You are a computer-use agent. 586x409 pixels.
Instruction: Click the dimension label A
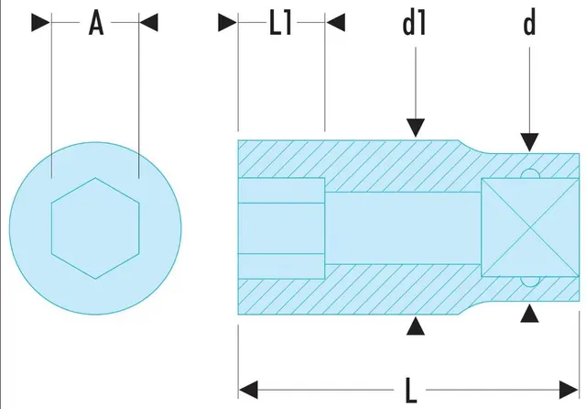pos(96,23)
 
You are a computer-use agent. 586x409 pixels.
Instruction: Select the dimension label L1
pos(280,23)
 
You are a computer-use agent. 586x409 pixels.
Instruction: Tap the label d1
pos(414,23)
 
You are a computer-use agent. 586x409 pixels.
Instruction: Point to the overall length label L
pos(411,391)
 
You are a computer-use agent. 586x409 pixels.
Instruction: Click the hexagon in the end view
pos(95,228)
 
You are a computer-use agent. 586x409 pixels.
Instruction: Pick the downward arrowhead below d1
pos(416,128)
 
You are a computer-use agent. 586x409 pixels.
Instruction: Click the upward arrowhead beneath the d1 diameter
pos(416,326)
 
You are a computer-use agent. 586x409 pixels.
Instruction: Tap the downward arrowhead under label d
pos(529,142)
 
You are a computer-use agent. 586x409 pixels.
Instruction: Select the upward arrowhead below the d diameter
pos(529,314)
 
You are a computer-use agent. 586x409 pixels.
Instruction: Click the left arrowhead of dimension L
pos(248,390)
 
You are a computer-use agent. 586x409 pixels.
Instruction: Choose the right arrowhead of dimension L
pos(569,390)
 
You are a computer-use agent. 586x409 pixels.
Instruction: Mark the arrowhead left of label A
pos(41,22)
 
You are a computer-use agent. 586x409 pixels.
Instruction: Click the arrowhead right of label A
pos(148,22)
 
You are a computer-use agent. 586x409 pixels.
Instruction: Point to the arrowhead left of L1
pos(228,22)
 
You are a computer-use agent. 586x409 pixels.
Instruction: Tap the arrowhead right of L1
pos(336,22)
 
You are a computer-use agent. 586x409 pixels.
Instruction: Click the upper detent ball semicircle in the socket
pos(530,174)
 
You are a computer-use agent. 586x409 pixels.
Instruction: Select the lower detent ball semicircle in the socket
pos(530,282)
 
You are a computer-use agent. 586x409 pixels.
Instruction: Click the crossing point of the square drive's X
pos(530,227)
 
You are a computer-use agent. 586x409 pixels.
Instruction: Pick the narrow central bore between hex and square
pos(403,228)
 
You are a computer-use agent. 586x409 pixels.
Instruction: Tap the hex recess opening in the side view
pos(281,228)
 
